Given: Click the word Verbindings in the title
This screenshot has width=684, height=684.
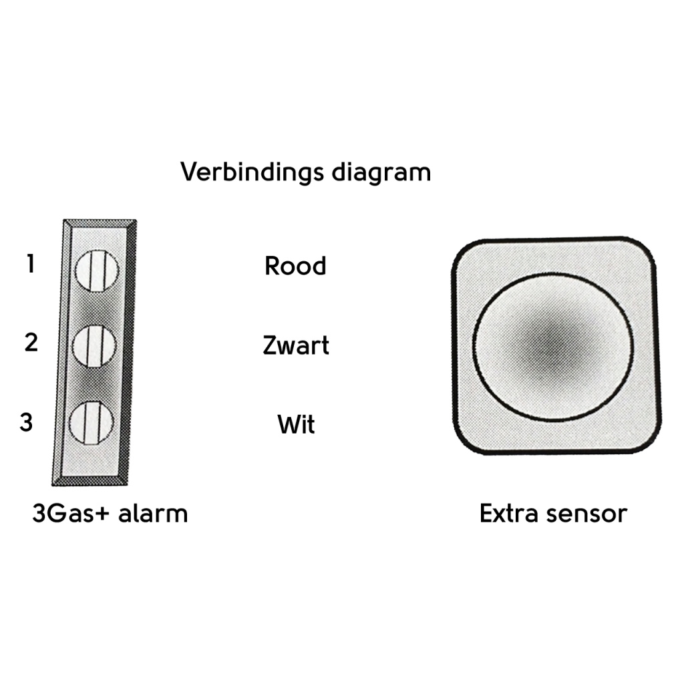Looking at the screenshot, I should click(252, 173).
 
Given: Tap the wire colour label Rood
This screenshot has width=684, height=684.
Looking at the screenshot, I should click(295, 266).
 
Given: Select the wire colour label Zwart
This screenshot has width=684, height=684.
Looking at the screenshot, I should click(296, 346).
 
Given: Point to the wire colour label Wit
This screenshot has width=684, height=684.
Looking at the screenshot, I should click(296, 425).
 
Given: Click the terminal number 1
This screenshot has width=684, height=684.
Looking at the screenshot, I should click(30, 265).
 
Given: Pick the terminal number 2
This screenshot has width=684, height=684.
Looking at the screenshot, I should click(31, 343).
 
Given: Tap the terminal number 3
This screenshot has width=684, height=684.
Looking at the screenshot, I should click(26, 422).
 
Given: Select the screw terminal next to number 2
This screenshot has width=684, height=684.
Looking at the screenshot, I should click(94, 345).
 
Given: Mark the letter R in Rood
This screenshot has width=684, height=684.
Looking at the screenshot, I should click(273, 266).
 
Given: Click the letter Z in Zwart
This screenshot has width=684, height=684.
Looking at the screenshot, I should click(271, 346).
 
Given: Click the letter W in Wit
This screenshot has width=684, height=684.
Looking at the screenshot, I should click(286, 425).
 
